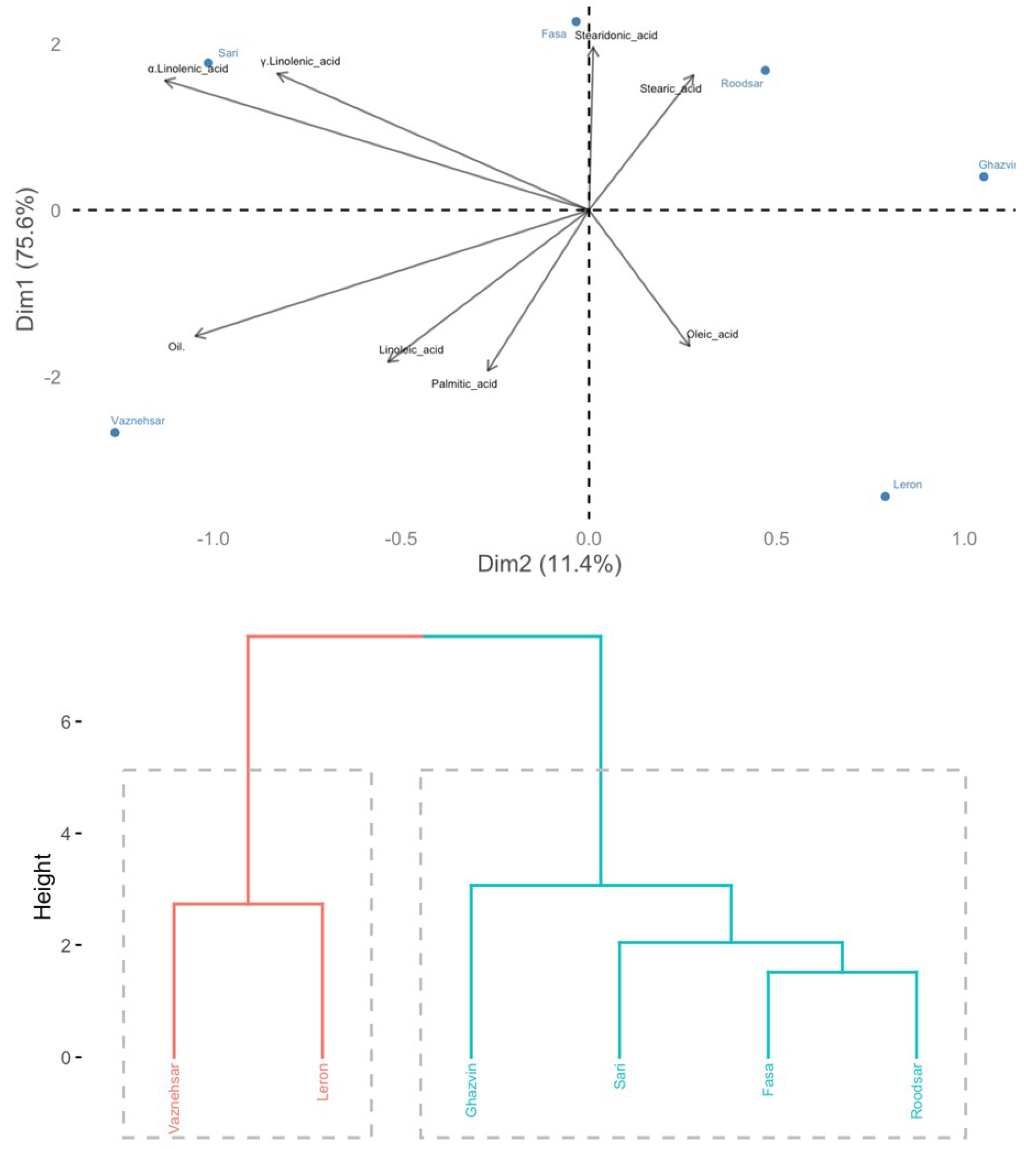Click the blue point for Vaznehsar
(x=115, y=433)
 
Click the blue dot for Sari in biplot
(x=208, y=63)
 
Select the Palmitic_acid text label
(x=464, y=384)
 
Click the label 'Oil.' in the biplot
(x=176, y=347)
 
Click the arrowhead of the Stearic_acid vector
(x=693, y=76)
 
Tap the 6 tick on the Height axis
(x=66, y=722)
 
